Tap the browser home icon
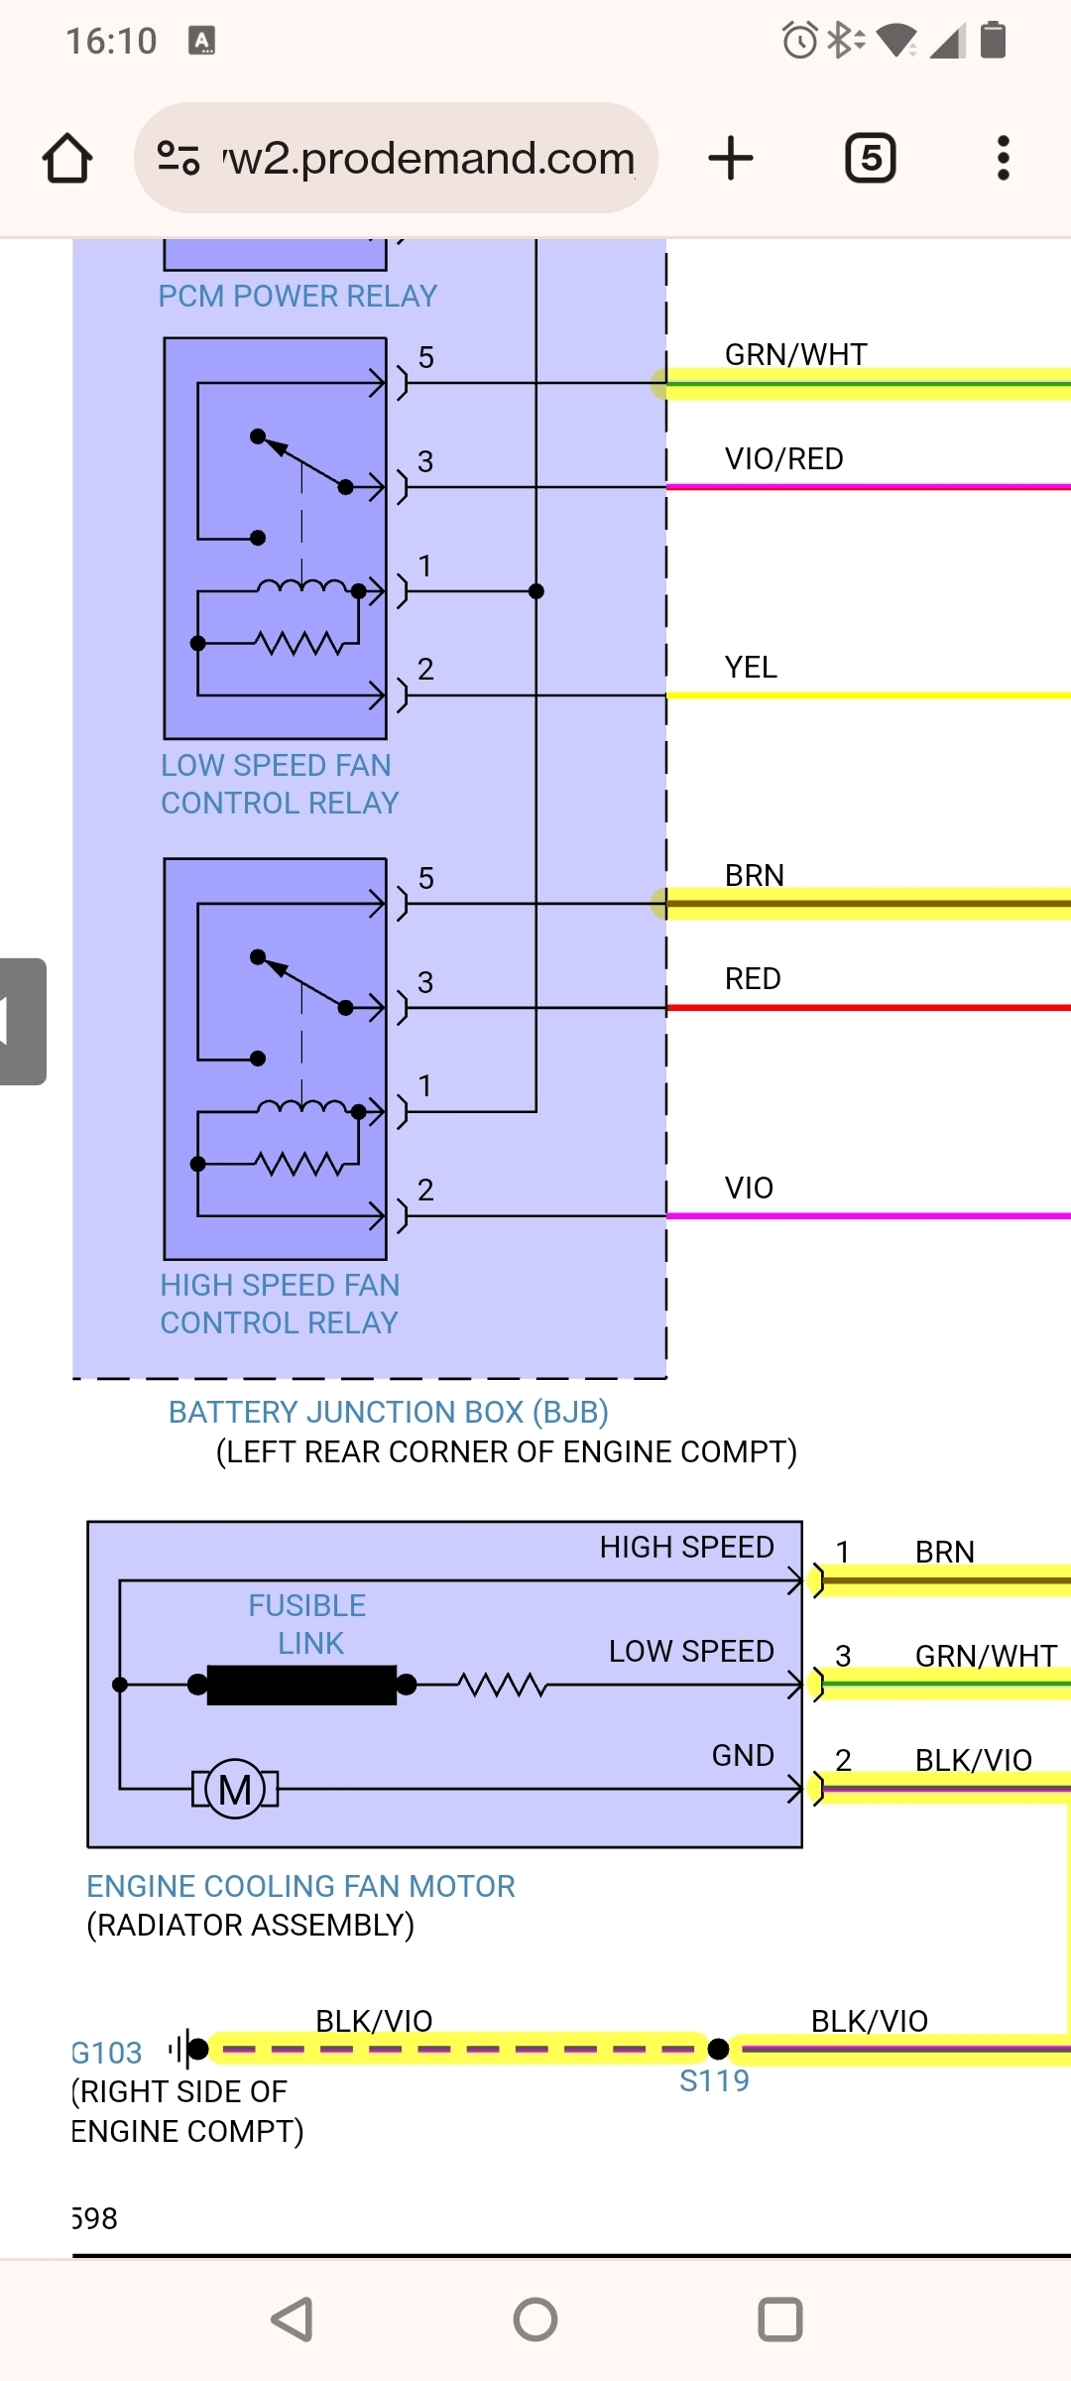point(67,159)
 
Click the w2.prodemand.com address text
point(428,159)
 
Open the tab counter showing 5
point(871,159)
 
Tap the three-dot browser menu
point(1004,159)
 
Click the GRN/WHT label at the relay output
point(795,354)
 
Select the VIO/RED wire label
point(783,458)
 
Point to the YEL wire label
point(751,667)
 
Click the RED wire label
point(753,978)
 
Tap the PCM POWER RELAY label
point(297,296)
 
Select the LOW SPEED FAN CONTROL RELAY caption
point(279,784)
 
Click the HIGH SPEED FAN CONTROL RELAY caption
point(280,1304)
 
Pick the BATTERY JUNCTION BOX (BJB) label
point(388,1412)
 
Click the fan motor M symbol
point(235,1790)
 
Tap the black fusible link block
point(301,1685)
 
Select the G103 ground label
point(107,2053)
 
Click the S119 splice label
point(714,2080)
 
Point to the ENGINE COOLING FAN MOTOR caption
point(300,1886)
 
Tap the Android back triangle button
point(292,2319)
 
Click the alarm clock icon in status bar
point(799,41)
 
